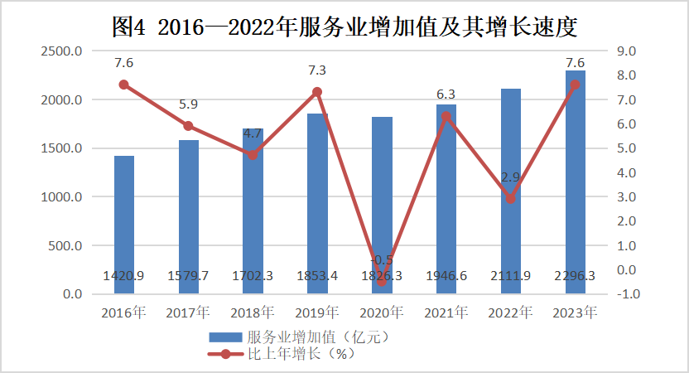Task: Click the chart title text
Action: [x=344, y=27]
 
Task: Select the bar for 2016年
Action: [x=124, y=224]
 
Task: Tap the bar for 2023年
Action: [x=575, y=182]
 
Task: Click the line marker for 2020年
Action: [x=382, y=282]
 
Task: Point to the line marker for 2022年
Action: [x=511, y=199]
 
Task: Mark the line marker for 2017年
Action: [x=189, y=126]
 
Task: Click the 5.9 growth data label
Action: [x=189, y=105]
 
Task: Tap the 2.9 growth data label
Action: [x=511, y=177]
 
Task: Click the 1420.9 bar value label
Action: [x=124, y=275]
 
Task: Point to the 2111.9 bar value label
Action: [x=511, y=275]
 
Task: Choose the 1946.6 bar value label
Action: [x=446, y=275]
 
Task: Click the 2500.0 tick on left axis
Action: [x=63, y=51]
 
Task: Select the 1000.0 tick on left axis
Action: [x=63, y=197]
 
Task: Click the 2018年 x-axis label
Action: [x=253, y=313]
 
